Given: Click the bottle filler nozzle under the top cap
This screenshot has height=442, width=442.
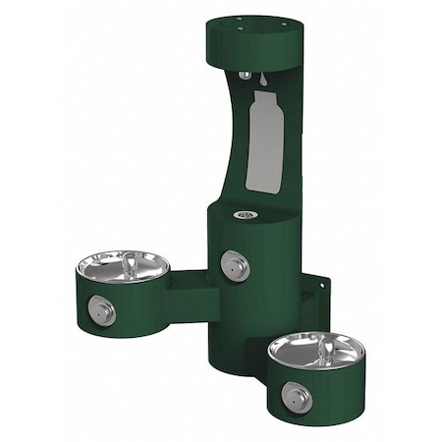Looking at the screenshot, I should pyautogui.click(x=243, y=75).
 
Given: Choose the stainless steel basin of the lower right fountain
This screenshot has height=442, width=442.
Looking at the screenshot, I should pyautogui.click(x=304, y=348).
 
